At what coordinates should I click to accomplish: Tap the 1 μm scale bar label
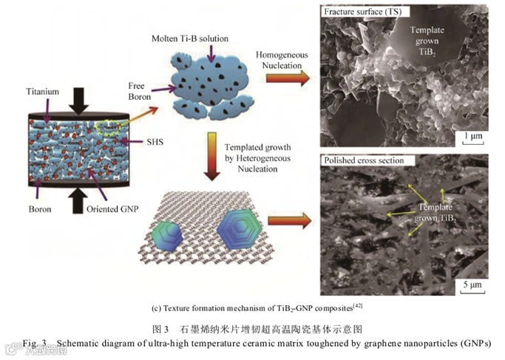pyautogui.click(x=474, y=135)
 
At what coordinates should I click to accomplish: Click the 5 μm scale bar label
pyautogui.click(x=473, y=284)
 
